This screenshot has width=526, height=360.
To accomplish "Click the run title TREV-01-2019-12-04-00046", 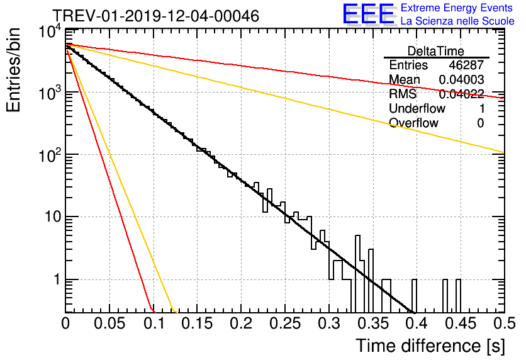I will [x=155, y=16].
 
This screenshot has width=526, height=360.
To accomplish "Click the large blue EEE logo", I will [x=367, y=15].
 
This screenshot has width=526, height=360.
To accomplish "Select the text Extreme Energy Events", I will [x=457, y=8].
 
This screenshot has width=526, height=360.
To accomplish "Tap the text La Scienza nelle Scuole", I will [x=457, y=21].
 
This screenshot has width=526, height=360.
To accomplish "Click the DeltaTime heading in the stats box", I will [x=436, y=51].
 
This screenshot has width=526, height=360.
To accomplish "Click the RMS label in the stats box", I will [x=403, y=94].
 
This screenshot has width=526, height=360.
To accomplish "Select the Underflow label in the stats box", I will [x=417, y=108].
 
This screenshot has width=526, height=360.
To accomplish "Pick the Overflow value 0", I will [x=480, y=123].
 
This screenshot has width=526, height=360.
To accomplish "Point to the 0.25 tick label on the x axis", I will [x=285, y=323].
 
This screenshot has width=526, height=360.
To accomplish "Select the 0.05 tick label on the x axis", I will [x=109, y=323].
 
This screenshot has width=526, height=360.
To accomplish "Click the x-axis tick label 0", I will [x=65, y=323].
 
